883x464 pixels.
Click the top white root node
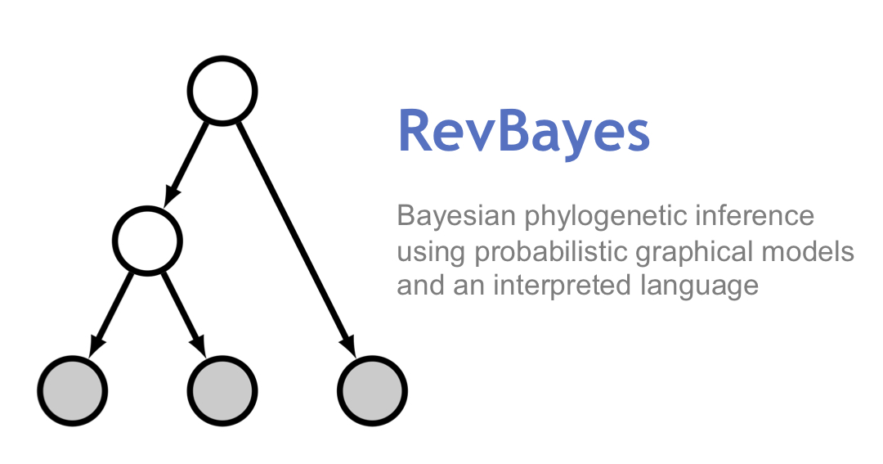click(x=222, y=90)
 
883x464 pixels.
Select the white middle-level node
click(x=147, y=241)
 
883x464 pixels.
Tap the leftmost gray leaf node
click(x=73, y=390)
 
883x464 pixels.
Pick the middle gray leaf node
click(x=222, y=390)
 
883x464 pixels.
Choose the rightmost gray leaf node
click(x=372, y=390)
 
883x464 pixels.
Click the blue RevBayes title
click(x=524, y=132)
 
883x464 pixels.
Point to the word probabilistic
click(x=550, y=252)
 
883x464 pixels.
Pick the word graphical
click(x=694, y=252)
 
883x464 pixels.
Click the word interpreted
click(x=562, y=286)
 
